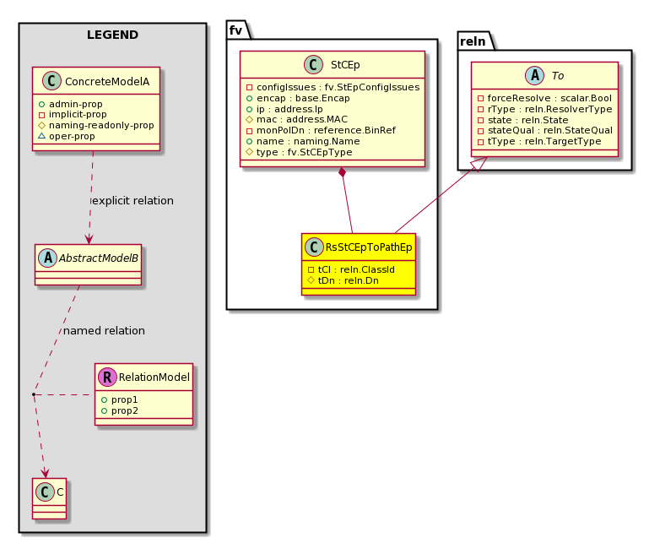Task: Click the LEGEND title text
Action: point(112,35)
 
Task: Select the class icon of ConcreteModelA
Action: point(51,81)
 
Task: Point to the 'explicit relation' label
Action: point(133,200)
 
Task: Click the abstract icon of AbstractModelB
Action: point(47,258)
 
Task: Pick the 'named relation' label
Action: point(104,331)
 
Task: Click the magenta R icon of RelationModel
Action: point(107,377)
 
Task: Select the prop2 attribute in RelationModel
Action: point(120,410)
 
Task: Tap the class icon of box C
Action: point(45,492)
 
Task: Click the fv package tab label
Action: point(235,30)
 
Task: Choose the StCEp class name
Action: point(345,65)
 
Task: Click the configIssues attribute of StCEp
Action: point(333,87)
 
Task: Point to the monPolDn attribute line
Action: point(321,130)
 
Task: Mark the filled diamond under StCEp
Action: point(343,172)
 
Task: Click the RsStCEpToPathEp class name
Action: point(369,247)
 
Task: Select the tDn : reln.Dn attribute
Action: point(343,280)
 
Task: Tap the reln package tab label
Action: point(473,41)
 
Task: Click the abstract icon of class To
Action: point(534,76)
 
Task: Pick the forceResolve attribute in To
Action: point(544,98)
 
